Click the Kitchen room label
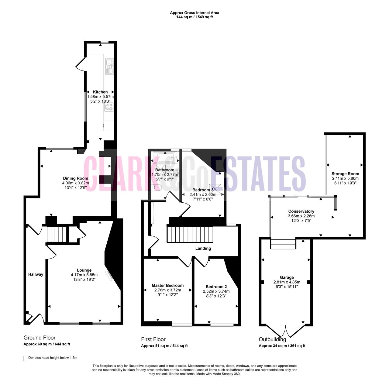pyautogui.click(x=100, y=92)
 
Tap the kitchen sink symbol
pyautogui.click(x=109, y=66)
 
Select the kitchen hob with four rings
pyautogui.click(x=109, y=107)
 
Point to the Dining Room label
pyautogui.click(x=75, y=178)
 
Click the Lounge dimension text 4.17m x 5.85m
pyautogui.click(x=84, y=275)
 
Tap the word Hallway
pyautogui.click(x=36, y=274)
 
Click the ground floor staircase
pyautogui.click(x=57, y=234)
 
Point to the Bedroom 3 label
pyautogui.click(x=203, y=190)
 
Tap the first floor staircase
pyautogui.click(x=190, y=234)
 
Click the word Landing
pyautogui.click(x=203, y=248)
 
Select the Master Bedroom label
pyautogui.click(x=168, y=285)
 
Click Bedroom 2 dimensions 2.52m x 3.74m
pyautogui.click(x=216, y=291)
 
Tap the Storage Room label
pyautogui.click(x=345, y=174)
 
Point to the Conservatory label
pyautogui.click(x=301, y=211)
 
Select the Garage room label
pyautogui.click(x=287, y=277)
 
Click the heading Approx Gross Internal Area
pyautogui.click(x=194, y=13)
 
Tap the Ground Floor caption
pyautogui.click(x=40, y=338)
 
